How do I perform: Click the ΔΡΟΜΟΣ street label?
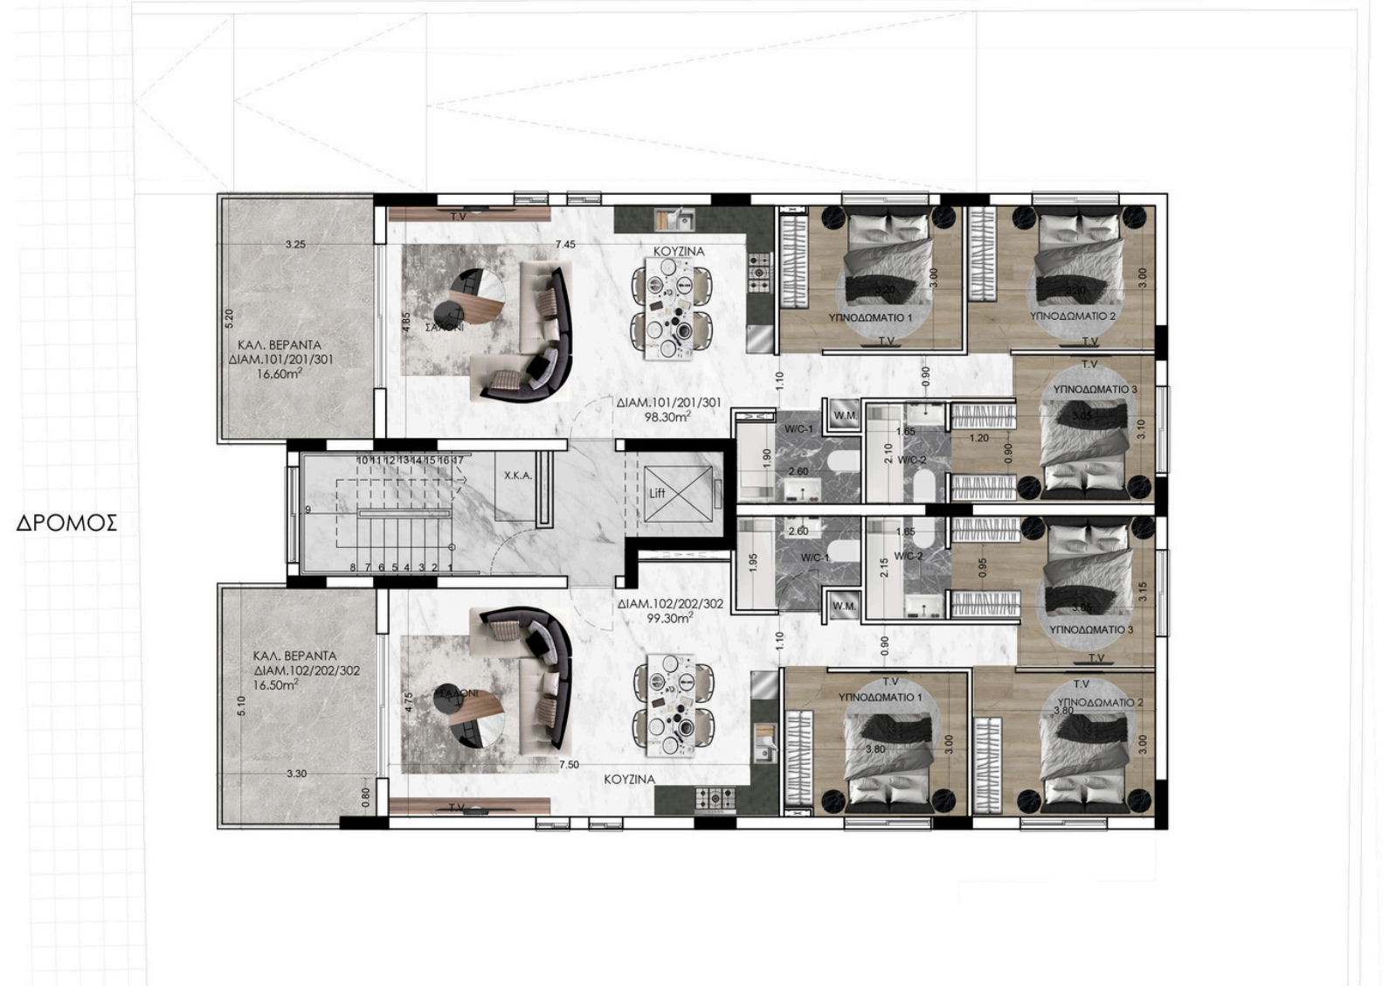coord(66,524)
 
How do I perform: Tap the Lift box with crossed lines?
coord(679,494)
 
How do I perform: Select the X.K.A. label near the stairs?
coord(517,476)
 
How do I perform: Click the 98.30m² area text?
coord(667,417)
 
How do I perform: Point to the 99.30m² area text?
coord(669,617)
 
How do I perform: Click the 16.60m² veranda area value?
coord(280,373)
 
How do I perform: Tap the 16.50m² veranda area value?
coord(275,685)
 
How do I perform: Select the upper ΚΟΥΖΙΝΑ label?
coord(679,251)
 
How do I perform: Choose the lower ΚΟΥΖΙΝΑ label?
coord(629,779)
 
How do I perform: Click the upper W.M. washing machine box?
coord(845,415)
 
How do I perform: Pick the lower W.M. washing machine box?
coord(843,606)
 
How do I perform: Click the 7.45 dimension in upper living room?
coord(565,245)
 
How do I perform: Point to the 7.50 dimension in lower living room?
coord(568,764)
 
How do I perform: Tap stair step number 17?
coord(458,460)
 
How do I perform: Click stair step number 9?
coord(308,510)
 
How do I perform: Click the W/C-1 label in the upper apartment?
coord(798,429)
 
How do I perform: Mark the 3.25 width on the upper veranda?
coord(295,245)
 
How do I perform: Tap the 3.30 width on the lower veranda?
coord(296,774)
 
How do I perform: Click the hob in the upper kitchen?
coord(759,266)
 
